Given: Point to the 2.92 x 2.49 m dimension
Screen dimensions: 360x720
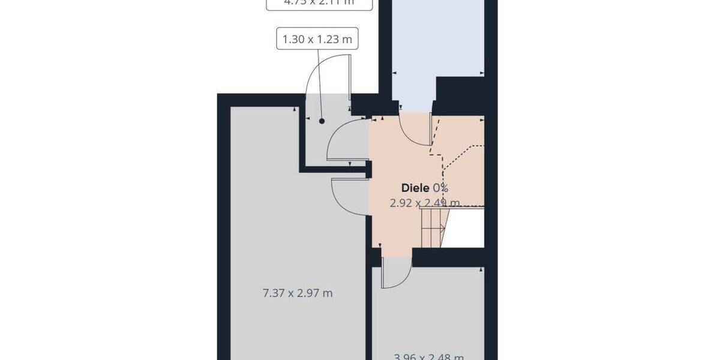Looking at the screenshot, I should [425, 203].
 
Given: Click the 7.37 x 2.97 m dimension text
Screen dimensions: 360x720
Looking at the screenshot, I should [298, 293].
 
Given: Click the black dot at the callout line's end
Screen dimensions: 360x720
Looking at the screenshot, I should [322, 121].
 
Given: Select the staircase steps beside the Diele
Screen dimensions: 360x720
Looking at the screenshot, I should [433, 227].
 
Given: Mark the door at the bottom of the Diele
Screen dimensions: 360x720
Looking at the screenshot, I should [395, 273].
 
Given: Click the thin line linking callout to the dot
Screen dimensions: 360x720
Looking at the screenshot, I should [320, 84].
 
